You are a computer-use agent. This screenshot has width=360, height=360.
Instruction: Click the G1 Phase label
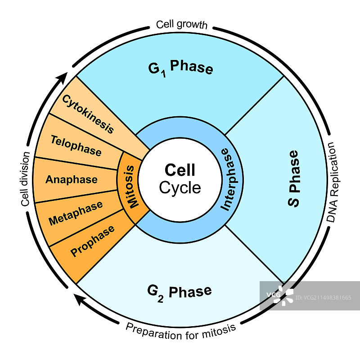(x=180, y=68)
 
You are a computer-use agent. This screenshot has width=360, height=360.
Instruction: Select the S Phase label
(x=293, y=179)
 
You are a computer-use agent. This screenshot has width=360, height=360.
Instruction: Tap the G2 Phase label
(x=179, y=292)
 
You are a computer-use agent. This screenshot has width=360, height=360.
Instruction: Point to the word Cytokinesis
(x=88, y=114)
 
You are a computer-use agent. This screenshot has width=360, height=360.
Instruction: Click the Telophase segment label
(x=76, y=146)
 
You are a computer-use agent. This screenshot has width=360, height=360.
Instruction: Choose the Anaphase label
(x=71, y=179)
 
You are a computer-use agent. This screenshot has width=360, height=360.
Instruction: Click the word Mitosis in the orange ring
(x=130, y=187)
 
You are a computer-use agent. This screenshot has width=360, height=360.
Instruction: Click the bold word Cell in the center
(x=180, y=170)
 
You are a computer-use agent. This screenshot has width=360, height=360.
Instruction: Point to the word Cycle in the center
(x=180, y=187)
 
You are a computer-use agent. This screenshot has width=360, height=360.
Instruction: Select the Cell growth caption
(x=181, y=24)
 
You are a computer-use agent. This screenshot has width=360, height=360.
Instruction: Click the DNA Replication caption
(x=332, y=182)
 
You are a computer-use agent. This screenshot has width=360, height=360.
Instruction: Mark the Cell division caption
(x=26, y=179)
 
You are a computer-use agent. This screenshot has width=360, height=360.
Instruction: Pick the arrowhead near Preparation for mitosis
(x=81, y=298)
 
